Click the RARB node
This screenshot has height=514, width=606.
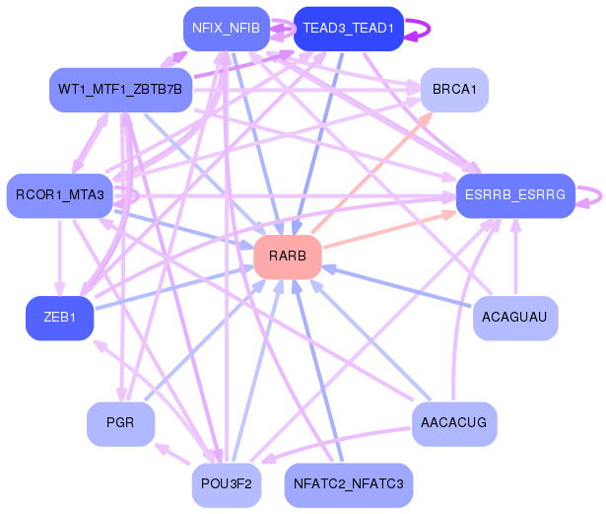point(288,257)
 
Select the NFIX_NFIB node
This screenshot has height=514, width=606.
point(226,28)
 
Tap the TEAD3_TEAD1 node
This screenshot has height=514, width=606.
point(348,28)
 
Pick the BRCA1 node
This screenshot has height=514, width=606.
point(454,90)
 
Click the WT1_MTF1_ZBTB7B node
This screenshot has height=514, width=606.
point(119,90)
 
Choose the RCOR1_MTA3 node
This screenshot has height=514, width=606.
point(59,194)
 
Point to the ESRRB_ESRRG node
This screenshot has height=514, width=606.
point(514,195)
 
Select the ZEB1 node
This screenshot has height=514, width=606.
point(59,317)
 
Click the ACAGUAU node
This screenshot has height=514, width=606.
point(515,318)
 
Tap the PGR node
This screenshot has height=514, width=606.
point(119,422)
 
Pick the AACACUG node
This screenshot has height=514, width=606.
point(453,422)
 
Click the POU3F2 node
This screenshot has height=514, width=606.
point(226,483)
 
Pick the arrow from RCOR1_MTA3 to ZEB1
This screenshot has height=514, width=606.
point(59,256)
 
